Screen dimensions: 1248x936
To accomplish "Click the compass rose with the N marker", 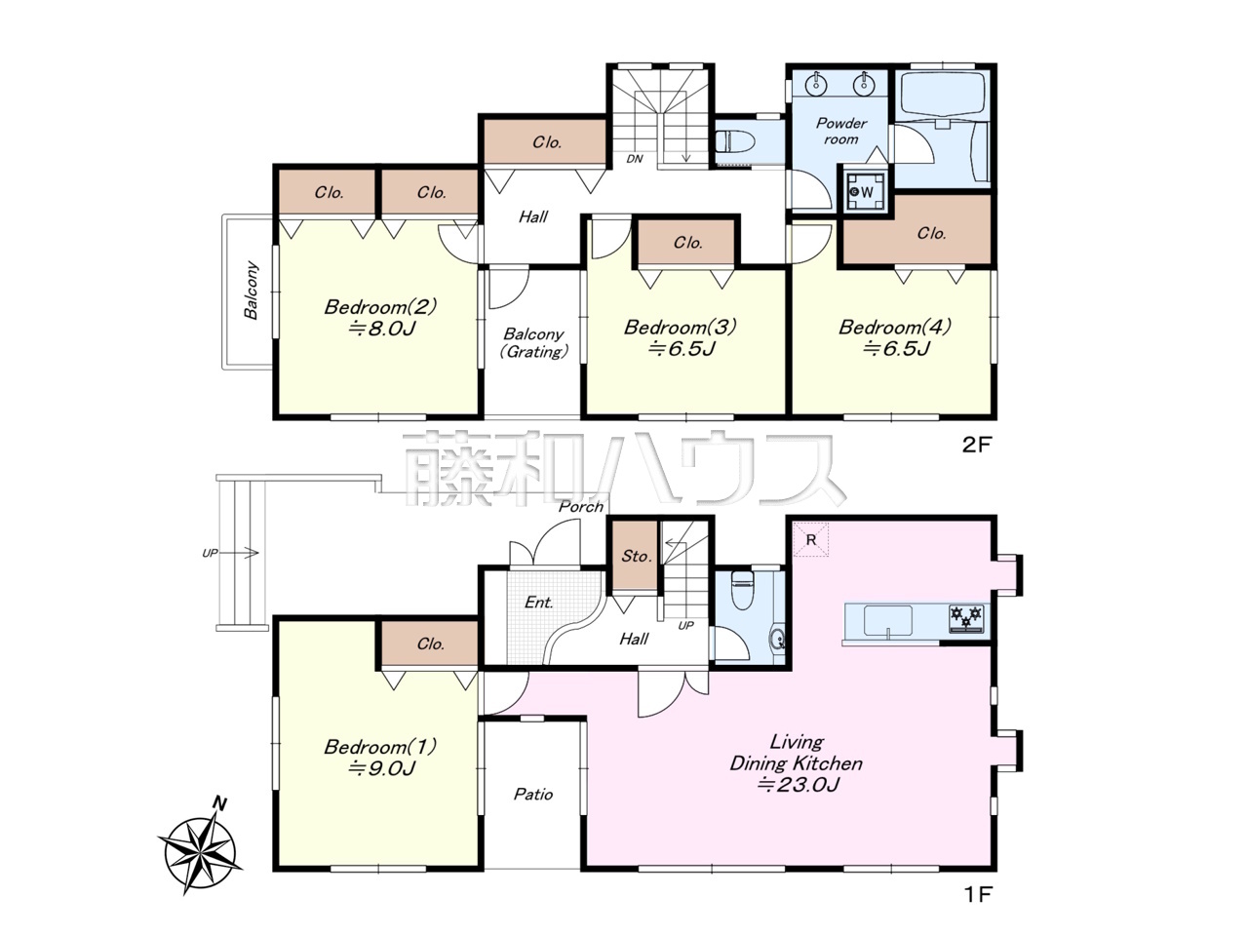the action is [199, 851].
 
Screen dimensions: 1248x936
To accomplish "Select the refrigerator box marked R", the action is [811, 539].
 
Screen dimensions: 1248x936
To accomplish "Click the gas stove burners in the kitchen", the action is [966, 618].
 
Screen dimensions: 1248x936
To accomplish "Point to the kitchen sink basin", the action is [887, 621].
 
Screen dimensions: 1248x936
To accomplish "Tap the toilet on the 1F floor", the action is [743, 591].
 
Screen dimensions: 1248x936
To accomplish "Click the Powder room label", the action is [841, 132].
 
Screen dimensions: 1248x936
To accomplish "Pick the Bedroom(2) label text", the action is [380, 307].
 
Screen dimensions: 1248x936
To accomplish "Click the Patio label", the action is [533, 794].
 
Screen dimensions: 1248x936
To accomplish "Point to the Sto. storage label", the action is [637, 556].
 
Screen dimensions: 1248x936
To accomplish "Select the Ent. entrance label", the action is [538, 602].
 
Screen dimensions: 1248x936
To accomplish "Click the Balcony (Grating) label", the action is [533, 342].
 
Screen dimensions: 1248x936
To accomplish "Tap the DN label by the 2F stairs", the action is [635, 159].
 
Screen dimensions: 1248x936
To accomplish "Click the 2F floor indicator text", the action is [976, 445].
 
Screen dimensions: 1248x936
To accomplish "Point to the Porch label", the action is [580, 506].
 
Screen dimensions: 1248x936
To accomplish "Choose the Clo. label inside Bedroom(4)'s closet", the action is [931, 233].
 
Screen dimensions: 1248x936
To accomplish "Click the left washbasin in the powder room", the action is [816, 83].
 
